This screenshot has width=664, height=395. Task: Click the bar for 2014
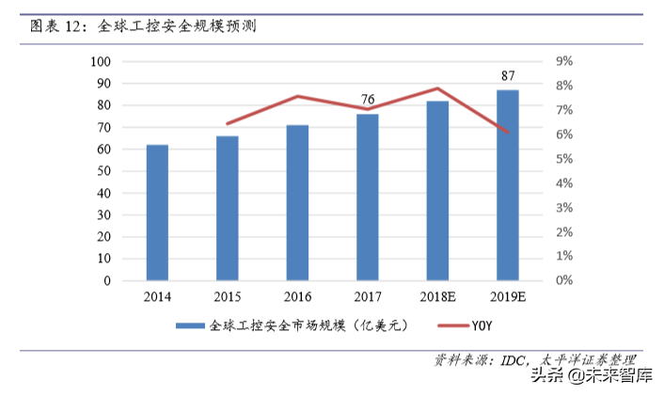(x=157, y=213)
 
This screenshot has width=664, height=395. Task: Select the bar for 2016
(x=297, y=202)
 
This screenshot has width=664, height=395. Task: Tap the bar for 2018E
(x=437, y=190)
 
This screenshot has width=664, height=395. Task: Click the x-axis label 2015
(x=227, y=297)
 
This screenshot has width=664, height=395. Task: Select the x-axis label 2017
(x=368, y=297)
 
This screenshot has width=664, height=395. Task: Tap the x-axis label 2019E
(x=508, y=297)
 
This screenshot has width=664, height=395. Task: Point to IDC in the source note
(x=513, y=360)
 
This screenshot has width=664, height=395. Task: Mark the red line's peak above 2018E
(x=437, y=88)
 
